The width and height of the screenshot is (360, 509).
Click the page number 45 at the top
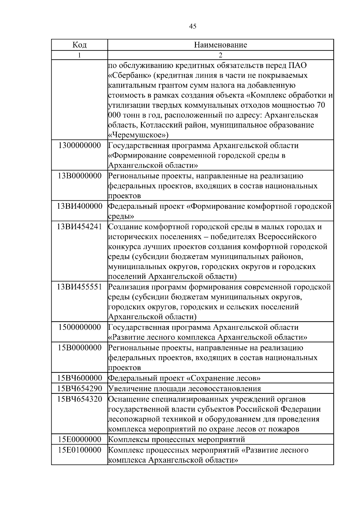pos(193,26)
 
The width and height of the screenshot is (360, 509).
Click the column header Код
pos(79,45)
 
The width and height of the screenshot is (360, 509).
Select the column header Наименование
pos(220,45)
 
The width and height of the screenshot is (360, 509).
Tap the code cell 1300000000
pos(79,145)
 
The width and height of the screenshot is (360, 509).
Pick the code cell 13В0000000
pos(79,176)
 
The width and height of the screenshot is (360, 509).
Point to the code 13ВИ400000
pos(79,206)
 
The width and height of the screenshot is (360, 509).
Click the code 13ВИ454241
pos(79,226)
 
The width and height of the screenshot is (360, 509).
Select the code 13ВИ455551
pos(79,287)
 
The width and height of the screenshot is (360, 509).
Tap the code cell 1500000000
pos(79,327)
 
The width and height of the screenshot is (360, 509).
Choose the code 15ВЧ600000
pos(79,378)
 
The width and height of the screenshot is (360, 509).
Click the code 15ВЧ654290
pos(79,389)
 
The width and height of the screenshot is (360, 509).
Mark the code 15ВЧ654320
pos(79,399)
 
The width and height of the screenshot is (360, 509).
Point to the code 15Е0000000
pos(79,439)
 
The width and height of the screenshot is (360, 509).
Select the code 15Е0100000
pos(79,450)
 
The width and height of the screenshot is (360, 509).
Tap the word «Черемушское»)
pos(138,135)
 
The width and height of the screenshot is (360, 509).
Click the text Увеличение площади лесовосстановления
pos(184,389)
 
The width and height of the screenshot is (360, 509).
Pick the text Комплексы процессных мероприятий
pos(176,439)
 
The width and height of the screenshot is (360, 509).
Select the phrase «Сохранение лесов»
pos(223,378)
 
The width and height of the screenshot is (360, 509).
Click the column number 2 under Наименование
pos(220,55)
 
